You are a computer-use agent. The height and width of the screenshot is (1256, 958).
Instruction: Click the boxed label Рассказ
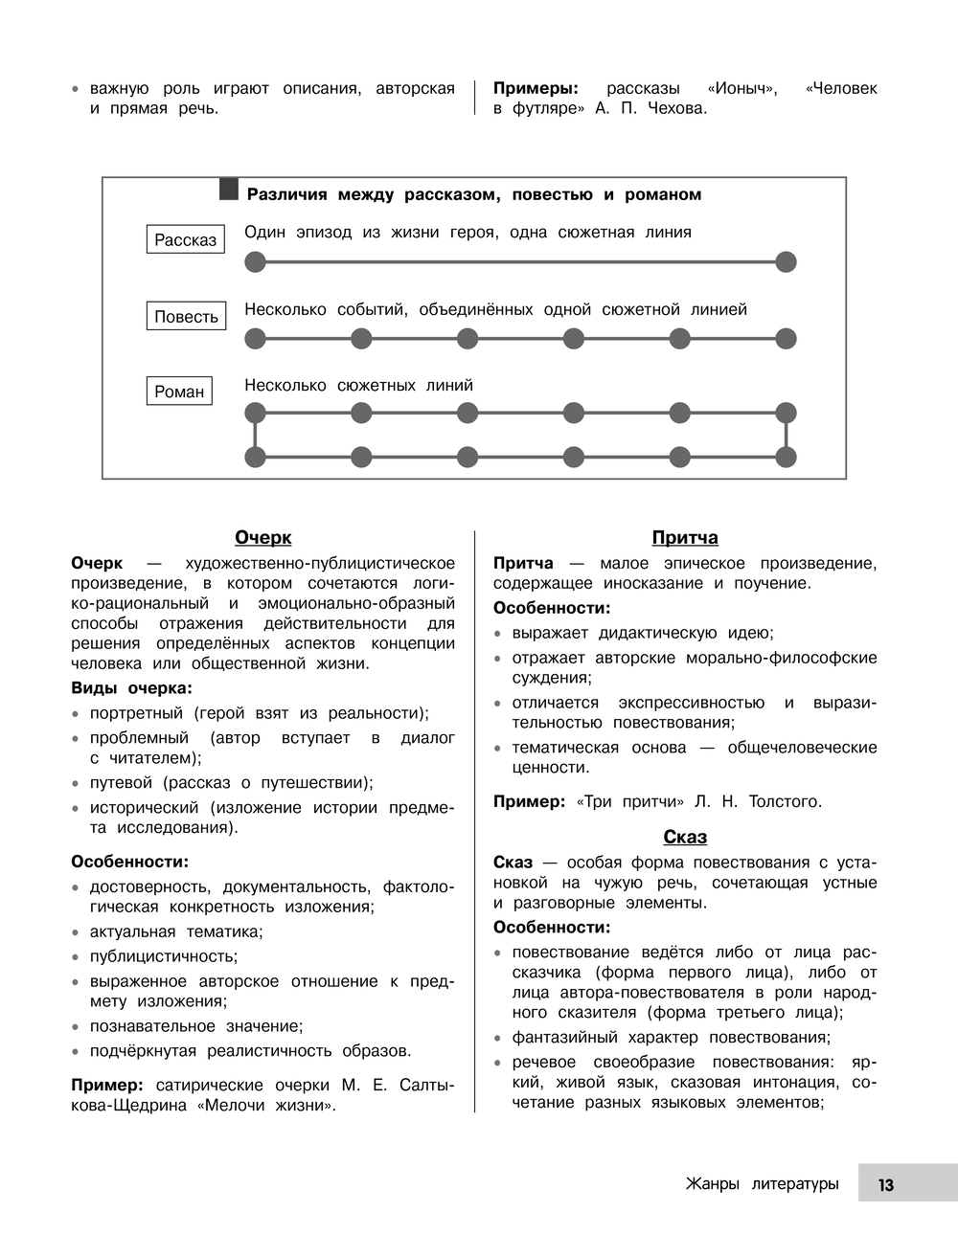[186, 239]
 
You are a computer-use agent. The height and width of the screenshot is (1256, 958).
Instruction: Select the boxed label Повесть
[186, 316]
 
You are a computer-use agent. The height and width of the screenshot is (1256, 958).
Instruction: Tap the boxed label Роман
[179, 391]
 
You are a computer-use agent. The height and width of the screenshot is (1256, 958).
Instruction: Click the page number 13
[885, 1184]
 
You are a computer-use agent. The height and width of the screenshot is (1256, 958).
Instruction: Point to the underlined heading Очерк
[263, 538]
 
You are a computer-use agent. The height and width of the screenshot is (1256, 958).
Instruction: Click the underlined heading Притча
[685, 538]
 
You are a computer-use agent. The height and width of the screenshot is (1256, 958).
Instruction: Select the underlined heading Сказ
[685, 838]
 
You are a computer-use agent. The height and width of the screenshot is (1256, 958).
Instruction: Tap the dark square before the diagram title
[228, 190]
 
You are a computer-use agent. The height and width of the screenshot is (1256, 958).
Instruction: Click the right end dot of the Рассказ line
[786, 261]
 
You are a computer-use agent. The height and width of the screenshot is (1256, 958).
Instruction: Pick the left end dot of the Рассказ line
[255, 261]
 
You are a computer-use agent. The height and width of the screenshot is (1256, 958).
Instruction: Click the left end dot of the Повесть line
[255, 338]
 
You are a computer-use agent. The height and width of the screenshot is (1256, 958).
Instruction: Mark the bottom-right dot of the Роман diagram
[786, 457]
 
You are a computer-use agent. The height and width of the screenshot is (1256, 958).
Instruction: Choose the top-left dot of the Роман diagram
[255, 413]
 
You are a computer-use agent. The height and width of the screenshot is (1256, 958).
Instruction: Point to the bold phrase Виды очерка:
[131, 688]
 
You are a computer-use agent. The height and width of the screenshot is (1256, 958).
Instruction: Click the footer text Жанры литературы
[762, 1184]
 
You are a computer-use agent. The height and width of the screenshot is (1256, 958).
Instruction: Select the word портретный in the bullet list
[136, 713]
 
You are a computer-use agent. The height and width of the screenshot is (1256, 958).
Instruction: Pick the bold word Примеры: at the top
[536, 89]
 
